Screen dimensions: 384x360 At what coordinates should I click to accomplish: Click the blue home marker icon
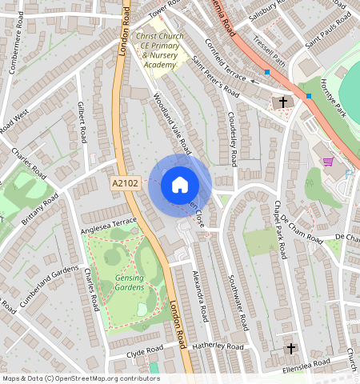[180, 185]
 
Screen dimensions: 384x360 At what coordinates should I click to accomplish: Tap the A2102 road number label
[125, 183]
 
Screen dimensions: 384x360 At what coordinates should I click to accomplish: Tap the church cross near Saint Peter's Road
[282, 102]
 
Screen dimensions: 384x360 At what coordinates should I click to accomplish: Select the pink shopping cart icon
[327, 162]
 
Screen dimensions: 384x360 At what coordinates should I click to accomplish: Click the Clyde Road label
[145, 351]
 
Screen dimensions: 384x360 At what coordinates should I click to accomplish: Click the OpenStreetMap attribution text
[80, 378]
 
